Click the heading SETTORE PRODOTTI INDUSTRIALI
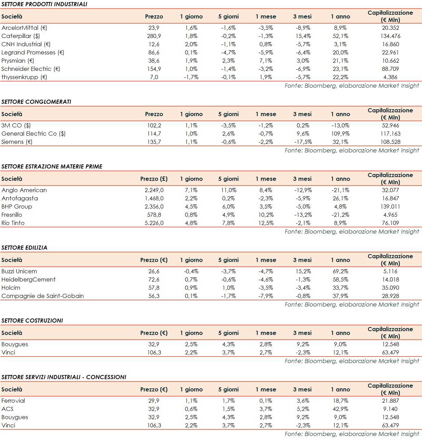(x=44, y=4)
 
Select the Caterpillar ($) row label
(x=21, y=36)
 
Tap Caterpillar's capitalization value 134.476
(x=390, y=36)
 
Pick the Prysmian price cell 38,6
(x=154, y=61)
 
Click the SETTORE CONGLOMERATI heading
(x=36, y=102)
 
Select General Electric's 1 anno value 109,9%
(x=340, y=134)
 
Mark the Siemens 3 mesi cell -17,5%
(x=303, y=142)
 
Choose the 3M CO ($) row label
(x=16, y=125)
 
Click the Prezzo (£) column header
(x=154, y=179)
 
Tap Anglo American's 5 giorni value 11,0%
(x=228, y=190)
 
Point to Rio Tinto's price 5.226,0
(x=154, y=223)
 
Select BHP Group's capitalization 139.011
(x=390, y=207)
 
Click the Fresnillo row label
(x=12, y=215)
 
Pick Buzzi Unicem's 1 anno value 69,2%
(x=340, y=271)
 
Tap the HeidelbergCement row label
(x=28, y=279)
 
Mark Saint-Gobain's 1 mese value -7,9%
(x=265, y=296)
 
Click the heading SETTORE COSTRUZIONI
(x=32, y=321)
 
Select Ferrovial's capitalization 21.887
(x=390, y=401)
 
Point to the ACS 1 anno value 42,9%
(x=340, y=409)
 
